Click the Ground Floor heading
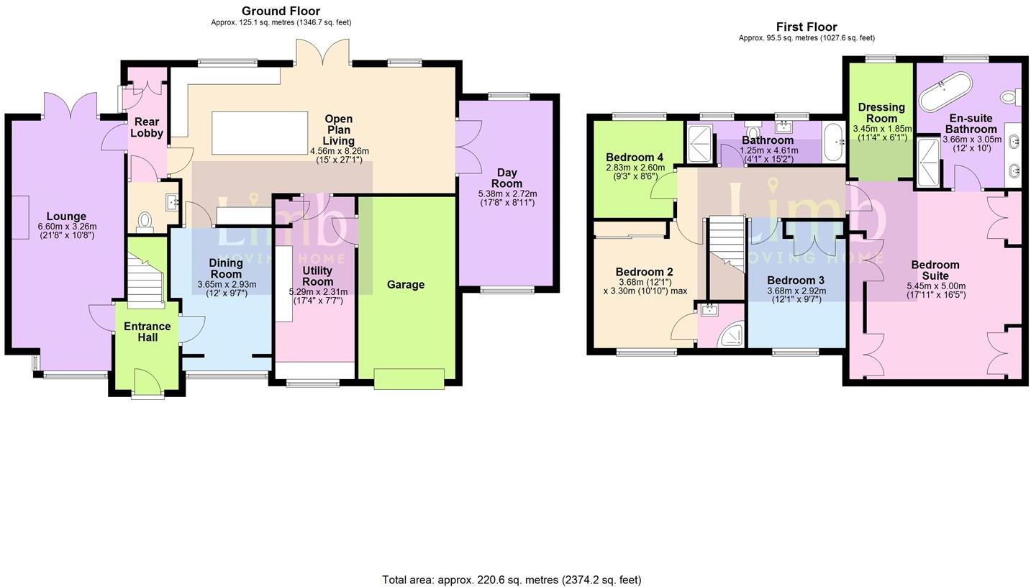[281, 11]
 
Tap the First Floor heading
[806, 27]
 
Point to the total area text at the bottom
[511, 579]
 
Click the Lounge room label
[66, 216]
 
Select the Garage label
[405, 285]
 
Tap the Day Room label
[507, 178]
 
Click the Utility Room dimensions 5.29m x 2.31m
[317, 291]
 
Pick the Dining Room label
[226, 268]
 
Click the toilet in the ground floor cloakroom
[145, 221]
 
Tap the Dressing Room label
[881, 113]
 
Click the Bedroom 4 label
[634, 158]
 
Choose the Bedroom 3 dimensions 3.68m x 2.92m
[796, 291]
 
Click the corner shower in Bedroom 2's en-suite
[731, 335]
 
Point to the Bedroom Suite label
[935, 270]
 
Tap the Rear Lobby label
[147, 127]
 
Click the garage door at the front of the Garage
[409, 378]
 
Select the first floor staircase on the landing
[726, 245]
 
